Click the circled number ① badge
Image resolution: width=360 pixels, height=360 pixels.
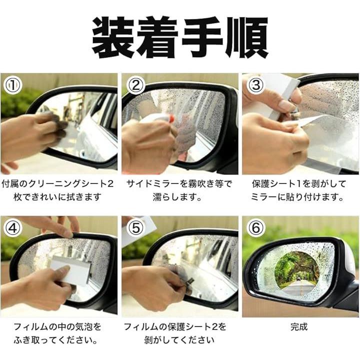coord(13,85)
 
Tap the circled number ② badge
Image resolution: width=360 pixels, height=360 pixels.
coord(136,85)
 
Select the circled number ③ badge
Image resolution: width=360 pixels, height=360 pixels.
coord(256,85)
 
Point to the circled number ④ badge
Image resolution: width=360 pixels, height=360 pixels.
coord(13,228)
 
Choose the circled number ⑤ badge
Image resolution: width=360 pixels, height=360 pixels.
coord(136,228)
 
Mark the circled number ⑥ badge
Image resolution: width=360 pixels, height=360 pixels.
coord(256,228)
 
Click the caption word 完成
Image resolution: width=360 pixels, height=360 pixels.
coord(299,326)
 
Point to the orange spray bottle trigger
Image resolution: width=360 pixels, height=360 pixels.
coord(170,119)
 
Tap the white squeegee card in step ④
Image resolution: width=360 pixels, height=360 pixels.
coord(70,270)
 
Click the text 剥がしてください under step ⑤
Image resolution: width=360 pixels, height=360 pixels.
coord(179,340)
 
